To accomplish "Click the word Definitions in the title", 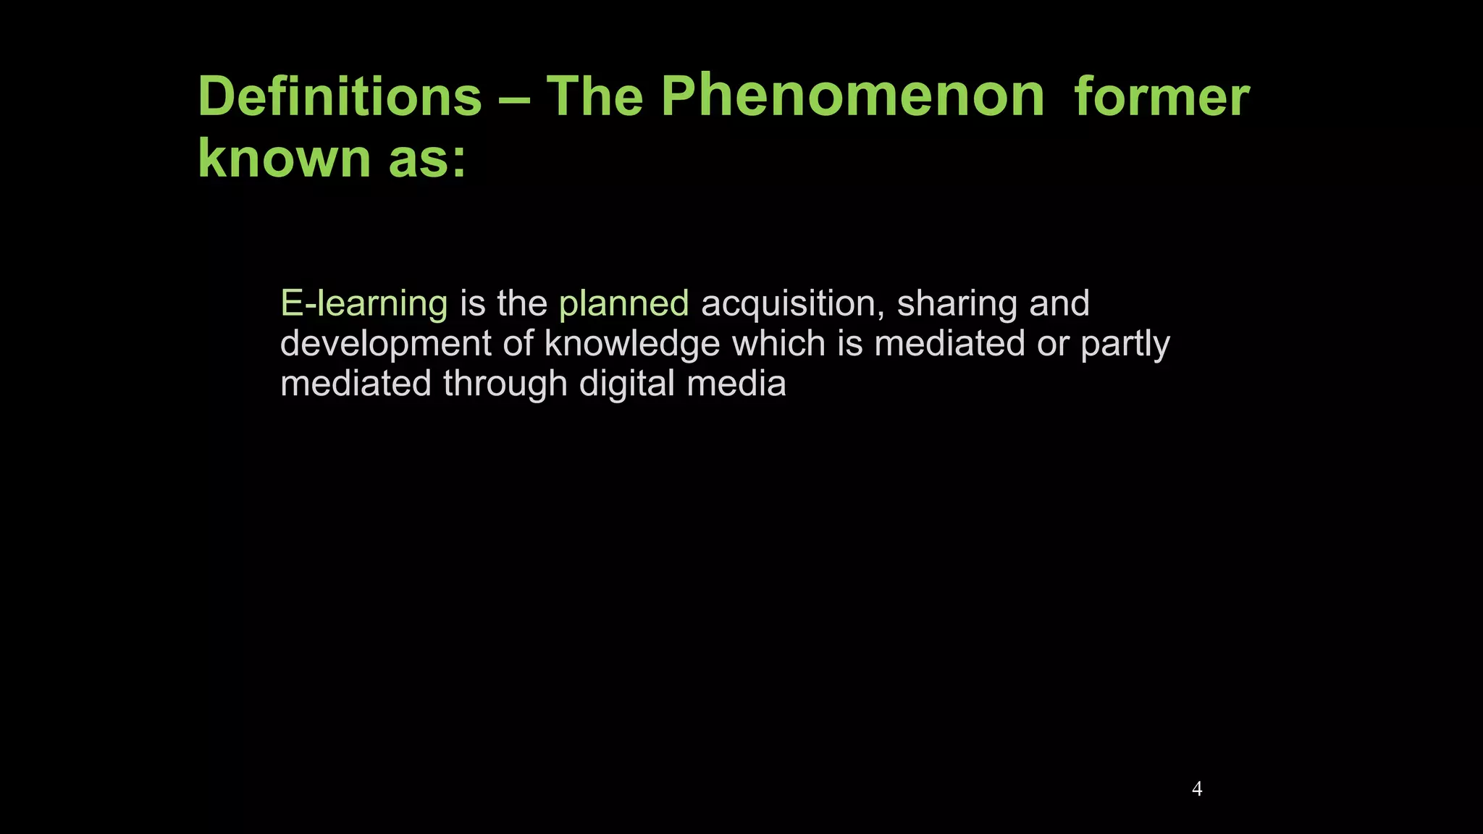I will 340,96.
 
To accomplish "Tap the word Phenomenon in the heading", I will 853,96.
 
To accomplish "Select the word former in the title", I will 1161,96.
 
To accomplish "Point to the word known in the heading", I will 284,159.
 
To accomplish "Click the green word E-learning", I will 364,303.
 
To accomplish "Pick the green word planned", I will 623,303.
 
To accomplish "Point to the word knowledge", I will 632,343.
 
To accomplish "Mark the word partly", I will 1125,343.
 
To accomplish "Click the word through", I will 505,383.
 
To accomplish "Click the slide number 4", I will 1197,789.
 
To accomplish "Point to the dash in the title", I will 514,98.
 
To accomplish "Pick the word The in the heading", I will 595,96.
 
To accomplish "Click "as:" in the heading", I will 427,159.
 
